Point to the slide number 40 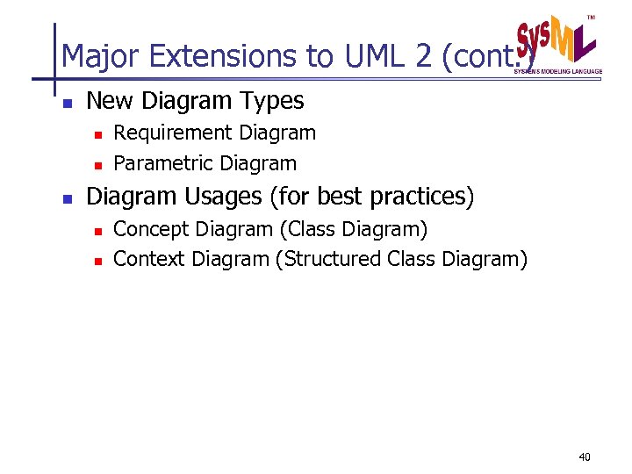pyautogui.click(x=585, y=457)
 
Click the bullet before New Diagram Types pyautogui.click(x=66, y=103)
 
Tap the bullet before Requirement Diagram pyautogui.click(x=98, y=134)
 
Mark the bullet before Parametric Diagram pyautogui.click(x=98, y=165)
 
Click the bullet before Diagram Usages pyautogui.click(x=66, y=198)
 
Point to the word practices pyautogui.click(x=420, y=197)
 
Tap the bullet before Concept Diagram pyautogui.click(x=98, y=231)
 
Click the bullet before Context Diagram pyautogui.click(x=98, y=261)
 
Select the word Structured pyautogui.click(x=329, y=259)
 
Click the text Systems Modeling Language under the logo pyautogui.click(x=558, y=71)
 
